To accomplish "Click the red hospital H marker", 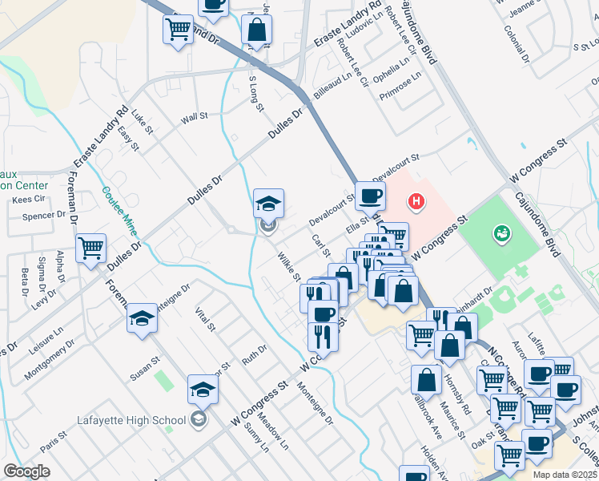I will [x=416, y=201].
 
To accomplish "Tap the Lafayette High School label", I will [x=132, y=419].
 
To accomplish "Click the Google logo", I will [x=26, y=471].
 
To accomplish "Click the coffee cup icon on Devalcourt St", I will [x=370, y=195].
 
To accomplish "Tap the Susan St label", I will [x=145, y=369].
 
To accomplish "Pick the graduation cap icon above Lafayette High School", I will [x=203, y=390].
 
